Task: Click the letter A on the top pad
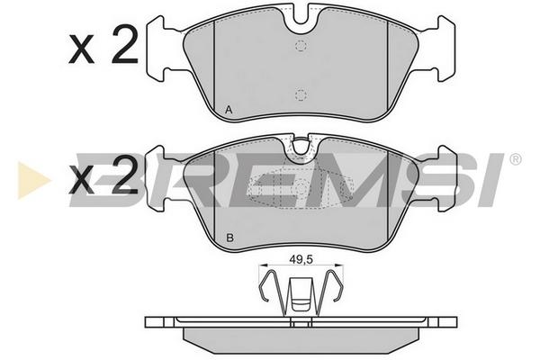tap(229, 110)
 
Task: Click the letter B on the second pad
tap(229, 238)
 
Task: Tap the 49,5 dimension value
tap(301, 260)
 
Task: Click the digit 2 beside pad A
tap(124, 44)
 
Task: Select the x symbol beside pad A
tap(81, 50)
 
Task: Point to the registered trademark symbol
tap(515, 159)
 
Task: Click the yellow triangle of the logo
tap(32, 180)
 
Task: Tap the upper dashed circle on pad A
tap(301, 46)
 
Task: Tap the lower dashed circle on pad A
tap(301, 94)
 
